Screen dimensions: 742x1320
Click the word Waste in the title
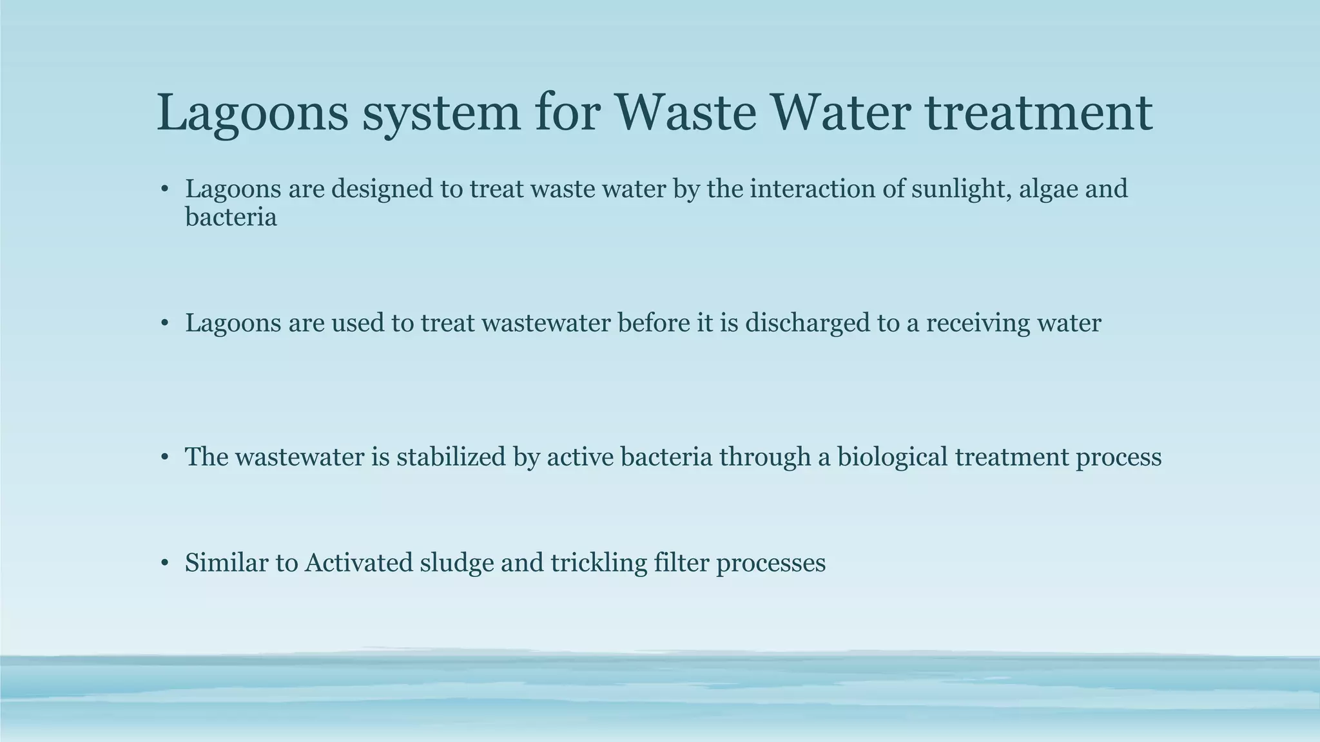point(685,113)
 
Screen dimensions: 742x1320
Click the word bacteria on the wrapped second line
point(231,217)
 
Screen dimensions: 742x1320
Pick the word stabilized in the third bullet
point(451,457)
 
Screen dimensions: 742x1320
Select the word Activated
point(358,563)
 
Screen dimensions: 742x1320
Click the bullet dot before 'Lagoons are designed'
point(165,190)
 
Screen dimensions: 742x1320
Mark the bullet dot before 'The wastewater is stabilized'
point(165,458)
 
